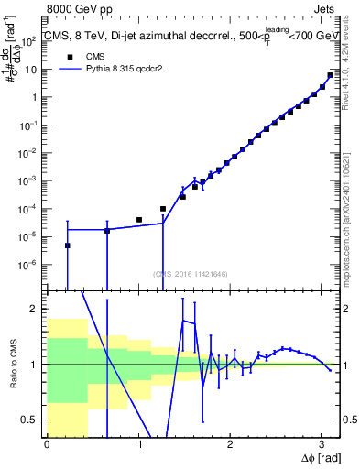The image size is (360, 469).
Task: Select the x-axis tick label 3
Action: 321,444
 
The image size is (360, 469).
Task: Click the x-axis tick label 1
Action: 139,444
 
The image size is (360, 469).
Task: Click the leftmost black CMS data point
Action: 68,245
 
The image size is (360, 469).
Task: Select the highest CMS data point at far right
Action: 330,75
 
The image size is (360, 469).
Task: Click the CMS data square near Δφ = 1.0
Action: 139,220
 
